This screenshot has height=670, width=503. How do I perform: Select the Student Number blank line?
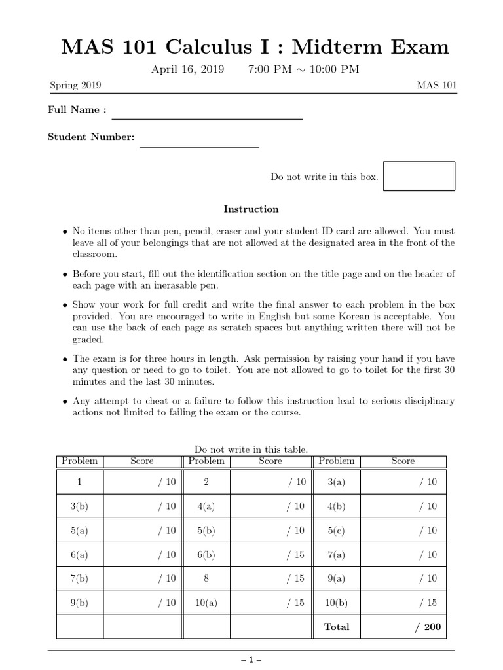point(199,145)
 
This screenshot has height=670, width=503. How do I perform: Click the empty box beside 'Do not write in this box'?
point(419,176)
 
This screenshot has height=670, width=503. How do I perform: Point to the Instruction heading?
point(251,209)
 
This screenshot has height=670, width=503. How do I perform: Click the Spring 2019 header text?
point(75,86)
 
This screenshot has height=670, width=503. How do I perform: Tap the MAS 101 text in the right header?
point(436,86)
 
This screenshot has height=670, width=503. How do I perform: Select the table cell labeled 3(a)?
point(336,482)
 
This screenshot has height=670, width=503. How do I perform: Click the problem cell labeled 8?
point(206,578)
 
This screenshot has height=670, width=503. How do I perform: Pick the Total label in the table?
point(337,626)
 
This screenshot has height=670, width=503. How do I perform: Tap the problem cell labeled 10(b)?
point(336,603)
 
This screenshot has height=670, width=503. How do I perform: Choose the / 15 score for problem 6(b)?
point(295,554)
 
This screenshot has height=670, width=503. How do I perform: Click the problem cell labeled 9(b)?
point(79,603)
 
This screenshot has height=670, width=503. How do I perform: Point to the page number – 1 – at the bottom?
point(251,661)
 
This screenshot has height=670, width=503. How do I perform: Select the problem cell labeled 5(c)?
point(336,531)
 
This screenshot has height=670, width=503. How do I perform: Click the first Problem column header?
point(79,461)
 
